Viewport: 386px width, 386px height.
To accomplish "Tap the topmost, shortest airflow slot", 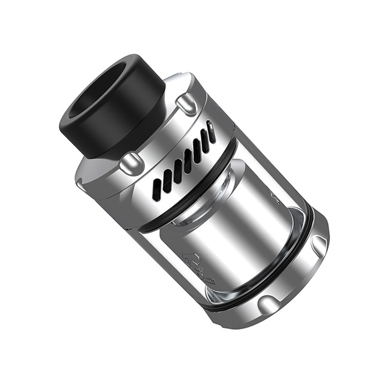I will point(211,131).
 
